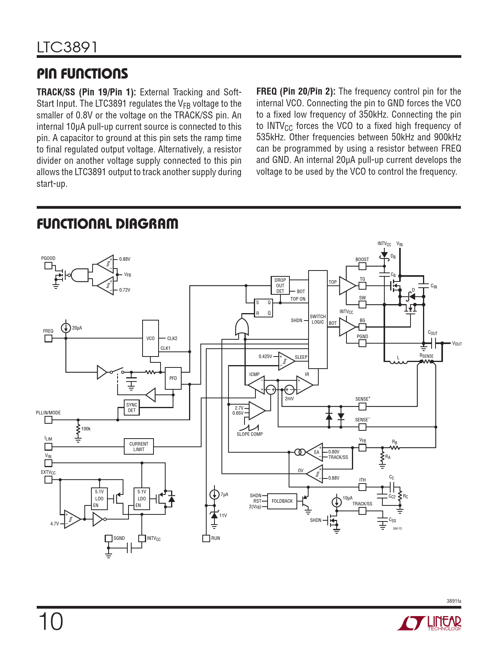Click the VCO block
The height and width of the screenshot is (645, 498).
(x=150, y=338)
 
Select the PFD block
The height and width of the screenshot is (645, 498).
(x=173, y=378)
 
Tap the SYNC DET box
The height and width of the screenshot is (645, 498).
(x=132, y=408)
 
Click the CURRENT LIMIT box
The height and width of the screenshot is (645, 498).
(x=139, y=446)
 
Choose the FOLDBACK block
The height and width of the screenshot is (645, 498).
(x=282, y=501)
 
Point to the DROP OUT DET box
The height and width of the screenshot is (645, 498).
(x=280, y=285)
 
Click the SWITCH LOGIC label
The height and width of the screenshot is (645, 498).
(x=318, y=319)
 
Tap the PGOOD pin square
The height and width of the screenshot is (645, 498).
(x=48, y=266)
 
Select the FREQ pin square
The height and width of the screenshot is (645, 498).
(x=48, y=338)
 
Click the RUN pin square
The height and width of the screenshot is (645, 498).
(x=206, y=538)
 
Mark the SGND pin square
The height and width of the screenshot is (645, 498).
(x=109, y=538)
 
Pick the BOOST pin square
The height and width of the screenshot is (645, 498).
(x=362, y=266)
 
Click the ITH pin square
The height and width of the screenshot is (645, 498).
(x=362, y=487)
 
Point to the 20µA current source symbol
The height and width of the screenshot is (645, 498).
(x=66, y=328)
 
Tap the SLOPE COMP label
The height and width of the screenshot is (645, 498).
(x=250, y=434)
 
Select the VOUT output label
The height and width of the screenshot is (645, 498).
(x=457, y=344)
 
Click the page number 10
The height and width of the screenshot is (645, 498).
(x=51, y=622)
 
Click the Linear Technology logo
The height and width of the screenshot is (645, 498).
(x=429, y=623)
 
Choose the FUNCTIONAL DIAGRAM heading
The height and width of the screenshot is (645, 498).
(x=107, y=224)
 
